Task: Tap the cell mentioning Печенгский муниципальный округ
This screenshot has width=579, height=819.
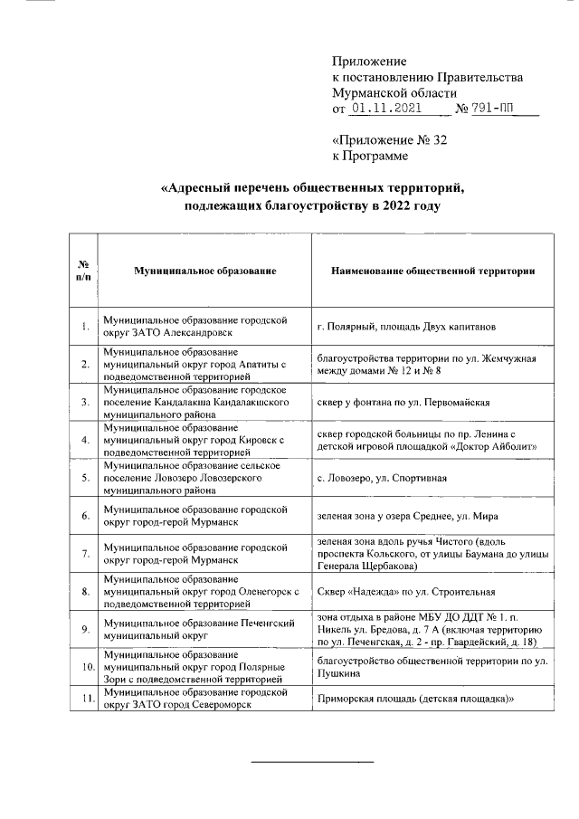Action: click(x=185, y=630)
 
